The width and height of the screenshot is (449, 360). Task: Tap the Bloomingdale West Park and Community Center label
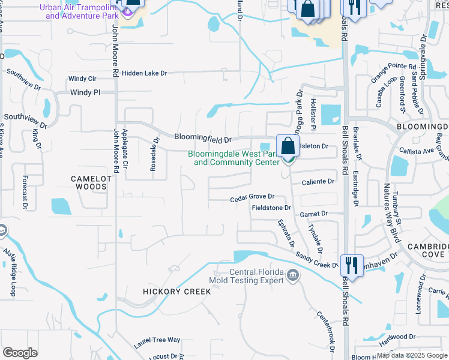pos(234,158)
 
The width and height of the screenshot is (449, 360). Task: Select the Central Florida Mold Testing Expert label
pos(246,276)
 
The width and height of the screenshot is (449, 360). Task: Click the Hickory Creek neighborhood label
pos(176,292)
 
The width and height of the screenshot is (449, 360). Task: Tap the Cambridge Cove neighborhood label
pos(427,250)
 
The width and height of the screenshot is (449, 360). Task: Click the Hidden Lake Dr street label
pos(143,73)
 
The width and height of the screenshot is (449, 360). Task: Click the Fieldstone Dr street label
pos(271,208)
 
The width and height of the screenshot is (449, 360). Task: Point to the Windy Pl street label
pos(85,93)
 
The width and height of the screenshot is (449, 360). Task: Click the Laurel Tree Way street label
pos(157,340)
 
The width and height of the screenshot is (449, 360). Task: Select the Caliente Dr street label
pos(318,181)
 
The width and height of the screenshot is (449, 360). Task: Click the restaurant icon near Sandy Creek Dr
pos(351,265)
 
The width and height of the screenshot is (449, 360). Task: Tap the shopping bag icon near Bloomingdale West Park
pos(288,146)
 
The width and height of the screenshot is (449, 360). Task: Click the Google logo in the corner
pos(20,353)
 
